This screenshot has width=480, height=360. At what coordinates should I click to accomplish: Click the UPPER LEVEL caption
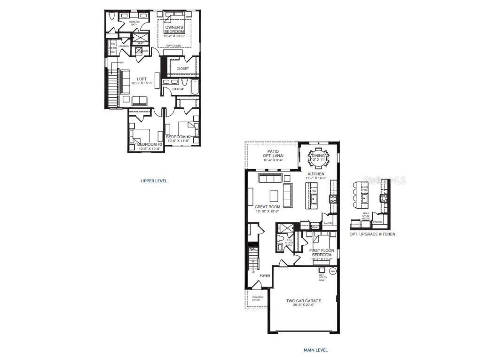(154, 180)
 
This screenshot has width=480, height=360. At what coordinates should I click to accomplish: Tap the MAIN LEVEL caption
(315, 350)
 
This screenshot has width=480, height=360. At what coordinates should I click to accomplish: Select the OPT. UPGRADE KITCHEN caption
(372, 234)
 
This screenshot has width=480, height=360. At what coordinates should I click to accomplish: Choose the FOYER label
(265, 276)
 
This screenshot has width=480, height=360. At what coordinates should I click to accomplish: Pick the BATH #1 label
(178, 89)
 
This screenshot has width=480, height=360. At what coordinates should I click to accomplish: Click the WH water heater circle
(333, 271)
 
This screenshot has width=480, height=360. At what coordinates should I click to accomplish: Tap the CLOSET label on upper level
(183, 69)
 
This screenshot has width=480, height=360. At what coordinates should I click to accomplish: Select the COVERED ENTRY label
(258, 298)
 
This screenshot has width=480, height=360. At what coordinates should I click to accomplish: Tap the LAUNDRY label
(124, 46)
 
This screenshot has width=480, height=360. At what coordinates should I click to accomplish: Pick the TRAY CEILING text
(173, 46)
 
